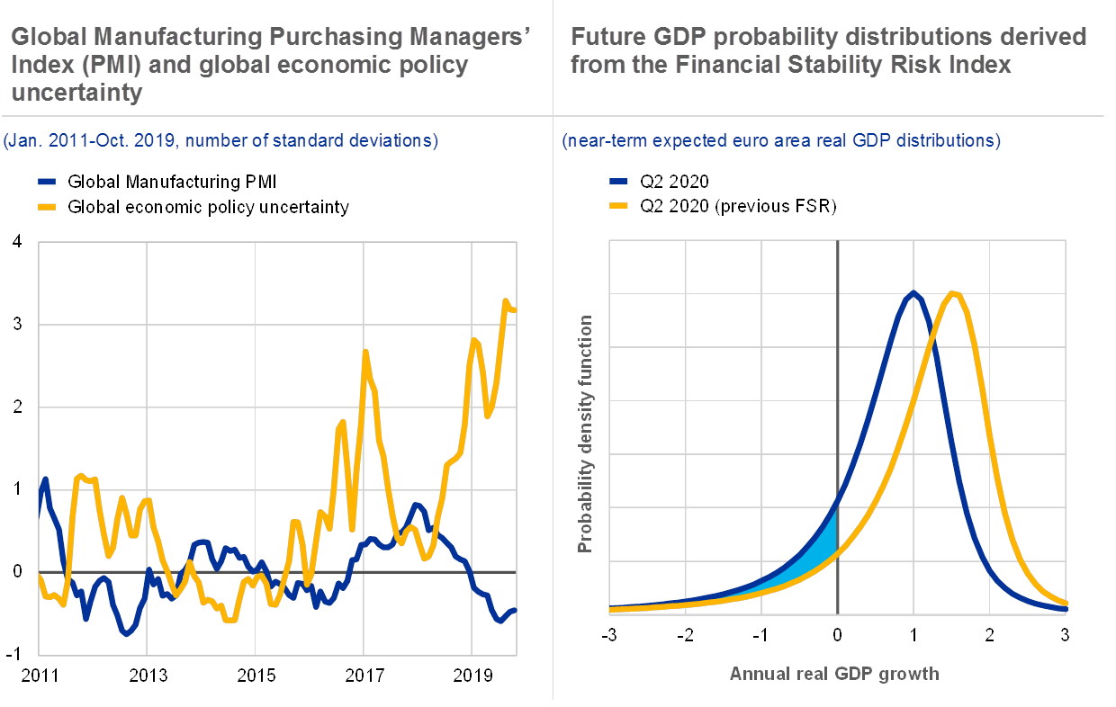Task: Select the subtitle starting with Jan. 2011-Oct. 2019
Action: pyautogui.click(x=220, y=140)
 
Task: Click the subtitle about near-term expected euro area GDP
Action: pyautogui.click(x=780, y=140)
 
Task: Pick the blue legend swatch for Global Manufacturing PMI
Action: pyautogui.click(x=49, y=183)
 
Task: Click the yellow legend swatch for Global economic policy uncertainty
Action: pyautogui.click(x=49, y=207)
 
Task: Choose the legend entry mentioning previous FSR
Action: pyautogui.click(x=738, y=207)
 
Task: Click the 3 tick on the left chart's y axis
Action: pyautogui.click(x=18, y=324)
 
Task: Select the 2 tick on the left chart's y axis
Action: pyautogui.click(x=18, y=407)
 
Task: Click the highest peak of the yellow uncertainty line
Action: pyautogui.click(x=506, y=301)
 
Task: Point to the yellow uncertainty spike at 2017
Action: pyautogui.click(x=365, y=352)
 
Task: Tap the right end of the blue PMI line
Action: pyautogui.click(x=515, y=611)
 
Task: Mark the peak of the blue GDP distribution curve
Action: pyautogui.click(x=913, y=292)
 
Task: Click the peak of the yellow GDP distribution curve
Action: pyautogui.click(x=953, y=293)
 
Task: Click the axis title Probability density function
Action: pyautogui.click(x=586, y=434)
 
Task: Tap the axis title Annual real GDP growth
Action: pyautogui.click(x=834, y=673)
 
